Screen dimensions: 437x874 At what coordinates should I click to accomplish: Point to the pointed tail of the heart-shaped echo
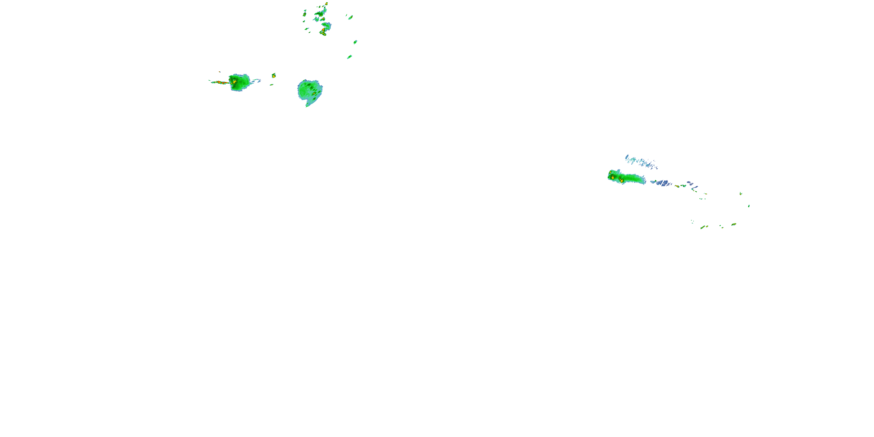point(307,105)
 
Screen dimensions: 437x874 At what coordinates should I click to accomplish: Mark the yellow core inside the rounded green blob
point(234,82)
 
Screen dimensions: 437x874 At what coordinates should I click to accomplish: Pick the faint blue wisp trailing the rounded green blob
point(256,81)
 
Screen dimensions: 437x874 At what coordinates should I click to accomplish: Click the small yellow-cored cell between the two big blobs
point(274,75)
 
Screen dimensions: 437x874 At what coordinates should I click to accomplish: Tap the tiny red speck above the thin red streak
point(219,72)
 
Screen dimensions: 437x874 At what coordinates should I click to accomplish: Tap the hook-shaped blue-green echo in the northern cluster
point(326,25)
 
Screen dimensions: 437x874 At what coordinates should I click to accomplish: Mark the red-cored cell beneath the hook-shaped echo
point(323,33)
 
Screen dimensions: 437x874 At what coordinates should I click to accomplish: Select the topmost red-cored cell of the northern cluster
point(326,4)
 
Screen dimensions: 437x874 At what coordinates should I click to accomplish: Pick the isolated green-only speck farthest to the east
point(749,206)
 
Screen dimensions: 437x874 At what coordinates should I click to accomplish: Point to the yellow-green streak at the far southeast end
point(734,224)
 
